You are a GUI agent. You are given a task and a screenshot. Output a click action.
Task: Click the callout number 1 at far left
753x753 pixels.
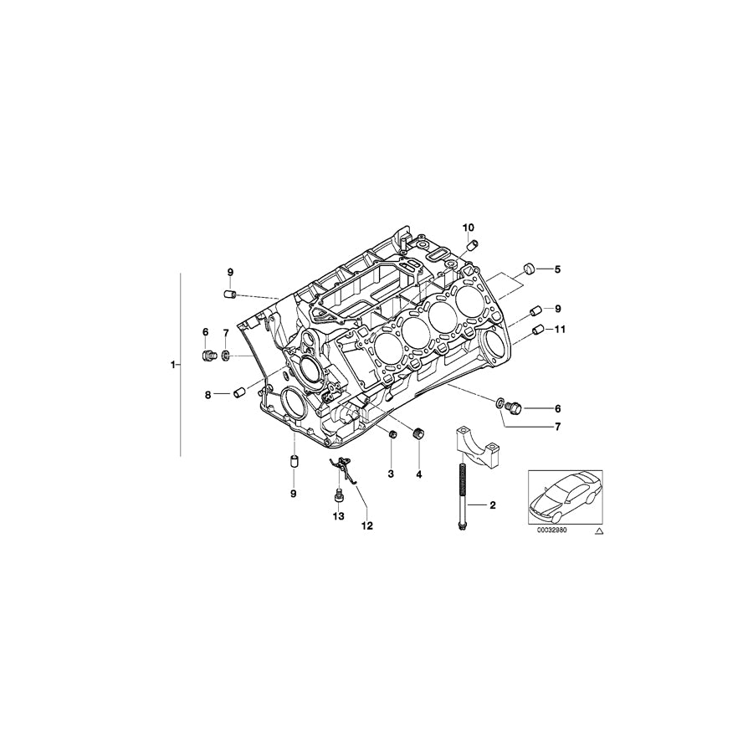[172, 366]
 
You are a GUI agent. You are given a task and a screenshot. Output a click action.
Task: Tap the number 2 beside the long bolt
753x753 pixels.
[492, 505]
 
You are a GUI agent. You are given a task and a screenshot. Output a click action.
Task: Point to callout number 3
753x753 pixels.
[390, 474]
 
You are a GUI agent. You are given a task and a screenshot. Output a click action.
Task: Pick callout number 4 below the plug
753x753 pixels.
[420, 474]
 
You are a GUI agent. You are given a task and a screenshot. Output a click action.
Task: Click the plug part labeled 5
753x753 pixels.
[529, 269]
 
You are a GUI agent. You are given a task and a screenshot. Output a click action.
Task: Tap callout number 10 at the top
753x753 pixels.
[468, 228]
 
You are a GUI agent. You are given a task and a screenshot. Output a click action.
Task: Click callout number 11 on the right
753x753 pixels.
[560, 330]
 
